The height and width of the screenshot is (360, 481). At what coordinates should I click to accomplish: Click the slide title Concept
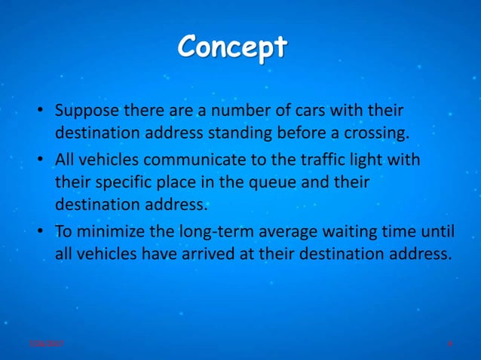coord(232,48)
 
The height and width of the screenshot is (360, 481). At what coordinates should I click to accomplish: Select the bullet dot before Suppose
coord(42,112)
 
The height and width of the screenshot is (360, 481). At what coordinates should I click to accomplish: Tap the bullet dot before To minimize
coord(42,231)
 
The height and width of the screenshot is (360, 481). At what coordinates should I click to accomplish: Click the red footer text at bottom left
coord(45,343)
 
